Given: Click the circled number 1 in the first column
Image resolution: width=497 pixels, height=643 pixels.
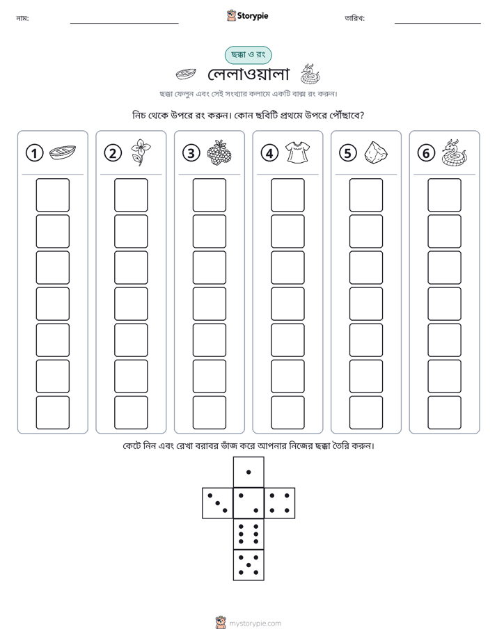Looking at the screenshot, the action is click(34, 153).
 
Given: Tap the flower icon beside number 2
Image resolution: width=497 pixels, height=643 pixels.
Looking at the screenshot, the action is click(141, 152).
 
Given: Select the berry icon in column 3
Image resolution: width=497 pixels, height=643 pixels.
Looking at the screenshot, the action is click(219, 152).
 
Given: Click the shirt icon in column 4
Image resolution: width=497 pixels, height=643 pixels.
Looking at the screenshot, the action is click(297, 152).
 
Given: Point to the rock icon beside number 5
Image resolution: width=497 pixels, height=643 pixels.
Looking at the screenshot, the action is click(376, 153).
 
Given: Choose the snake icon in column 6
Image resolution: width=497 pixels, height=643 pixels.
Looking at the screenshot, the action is click(455, 152).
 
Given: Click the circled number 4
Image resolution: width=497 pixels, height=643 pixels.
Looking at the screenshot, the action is click(269, 153).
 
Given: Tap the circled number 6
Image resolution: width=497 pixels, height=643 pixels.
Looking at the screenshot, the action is click(426, 153).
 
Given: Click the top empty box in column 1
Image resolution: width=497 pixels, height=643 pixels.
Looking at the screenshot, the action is click(52, 195).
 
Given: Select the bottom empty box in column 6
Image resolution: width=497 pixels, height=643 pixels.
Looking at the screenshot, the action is click(444, 413).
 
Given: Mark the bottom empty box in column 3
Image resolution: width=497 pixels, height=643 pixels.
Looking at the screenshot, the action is click(209, 413).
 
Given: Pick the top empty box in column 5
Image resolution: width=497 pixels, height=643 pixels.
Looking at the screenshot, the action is click(365, 195).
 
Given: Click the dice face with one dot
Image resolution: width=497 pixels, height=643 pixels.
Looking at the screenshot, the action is click(248, 472).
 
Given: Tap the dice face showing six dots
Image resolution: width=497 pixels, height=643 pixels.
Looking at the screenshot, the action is click(248, 534).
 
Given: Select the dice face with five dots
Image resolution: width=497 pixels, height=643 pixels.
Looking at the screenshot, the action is click(248, 565).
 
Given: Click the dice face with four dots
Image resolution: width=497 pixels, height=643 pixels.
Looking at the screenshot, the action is click(280, 503).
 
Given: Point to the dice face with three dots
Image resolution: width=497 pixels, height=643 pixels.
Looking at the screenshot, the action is click(217, 503).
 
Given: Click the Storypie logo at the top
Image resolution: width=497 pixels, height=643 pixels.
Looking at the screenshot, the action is click(247, 15).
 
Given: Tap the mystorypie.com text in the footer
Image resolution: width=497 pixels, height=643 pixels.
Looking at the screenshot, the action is click(255, 624).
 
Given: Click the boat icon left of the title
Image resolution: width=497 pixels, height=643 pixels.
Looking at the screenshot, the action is click(185, 74).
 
